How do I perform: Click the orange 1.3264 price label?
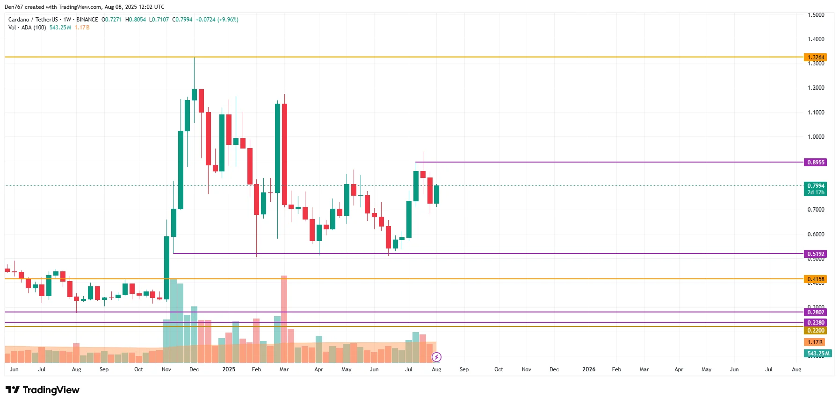point(815,57)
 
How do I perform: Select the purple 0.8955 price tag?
point(815,163)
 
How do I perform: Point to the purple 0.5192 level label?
point(815,254)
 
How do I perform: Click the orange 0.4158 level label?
point(815,279)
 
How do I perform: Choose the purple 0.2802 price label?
point(815,312)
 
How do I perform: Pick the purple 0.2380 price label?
point(815,323)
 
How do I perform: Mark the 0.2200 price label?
point(815,331)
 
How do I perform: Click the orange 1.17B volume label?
point(814,342)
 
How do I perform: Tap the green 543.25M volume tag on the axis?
point(817,354)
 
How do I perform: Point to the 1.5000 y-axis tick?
point(816,15)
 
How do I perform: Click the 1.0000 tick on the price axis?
point(816,137)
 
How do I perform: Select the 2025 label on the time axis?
point(229,369)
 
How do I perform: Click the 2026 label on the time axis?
point(589,369)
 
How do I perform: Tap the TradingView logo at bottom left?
point(43,390)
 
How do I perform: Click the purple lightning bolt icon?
point(436,357)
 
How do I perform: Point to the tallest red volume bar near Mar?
point(284,318)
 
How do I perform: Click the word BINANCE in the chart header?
point(87,20)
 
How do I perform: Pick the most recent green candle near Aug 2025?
point(436,194)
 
